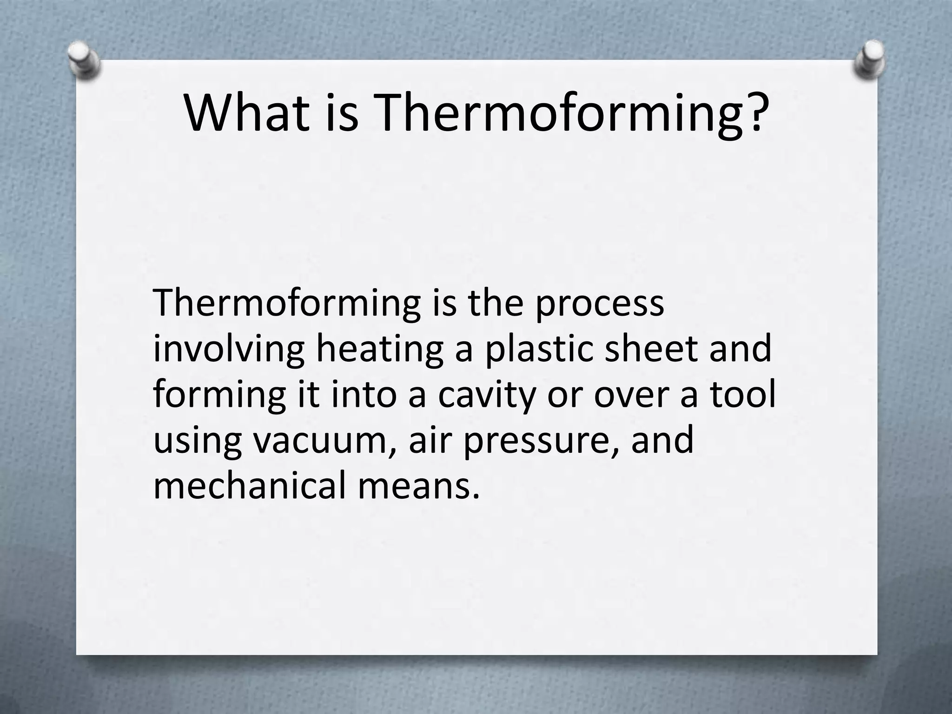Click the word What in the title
point(246,113)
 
